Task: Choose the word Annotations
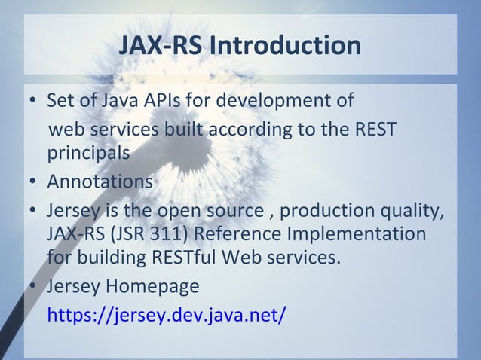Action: (x=100, y=182)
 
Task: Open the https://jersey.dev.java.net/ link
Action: (x=167, y=314)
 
